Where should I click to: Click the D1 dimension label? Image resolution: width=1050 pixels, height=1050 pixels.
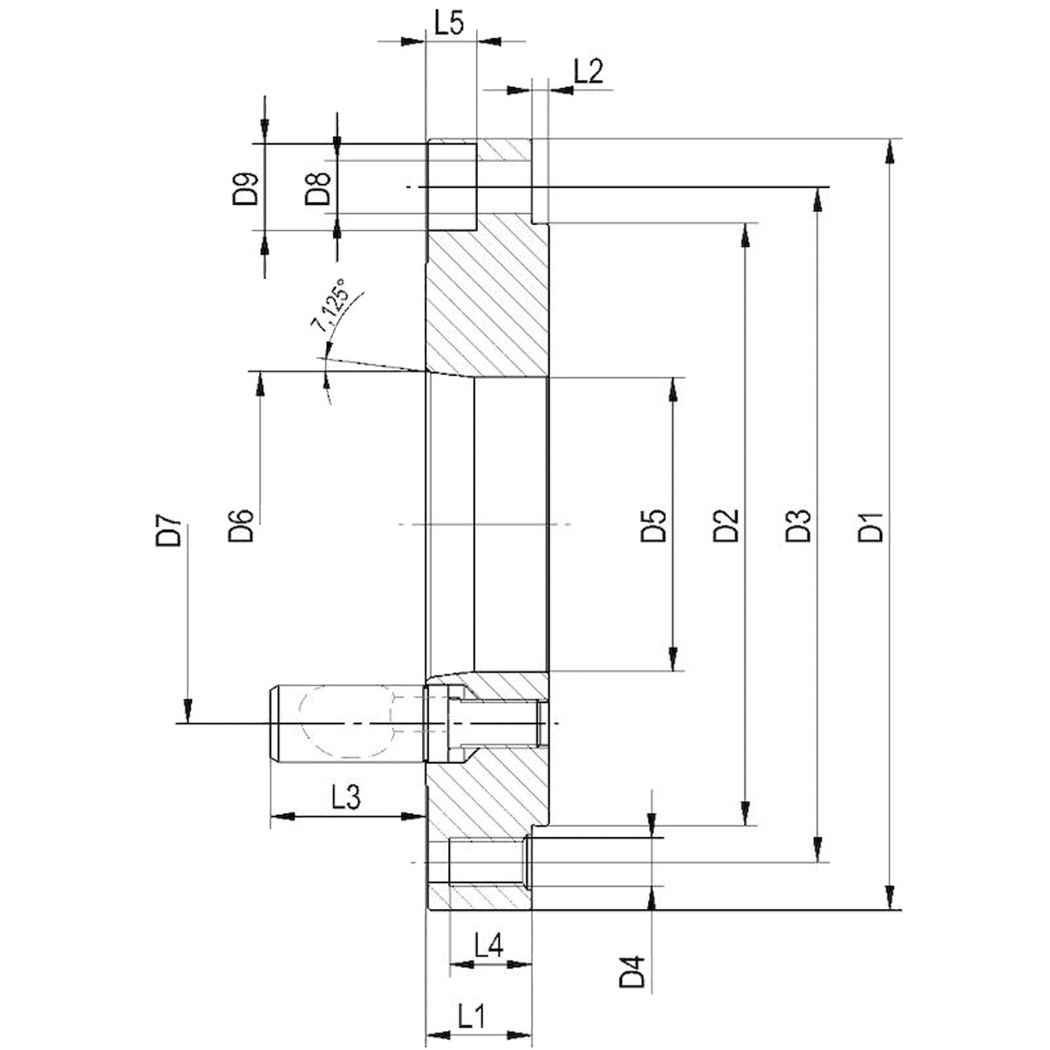click(x=871, y=526)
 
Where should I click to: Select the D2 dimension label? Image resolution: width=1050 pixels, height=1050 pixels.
click(x=726, y=525)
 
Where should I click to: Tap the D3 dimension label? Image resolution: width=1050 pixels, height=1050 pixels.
click(x=798, y=525)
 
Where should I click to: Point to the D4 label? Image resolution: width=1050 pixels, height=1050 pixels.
click(x=633, y=972)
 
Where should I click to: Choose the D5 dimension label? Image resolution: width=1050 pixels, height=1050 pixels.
click(x=654, y=525)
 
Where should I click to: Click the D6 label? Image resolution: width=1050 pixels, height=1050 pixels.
click(x=241, y=525)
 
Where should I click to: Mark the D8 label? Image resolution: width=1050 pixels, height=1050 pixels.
click(x=318, y=188)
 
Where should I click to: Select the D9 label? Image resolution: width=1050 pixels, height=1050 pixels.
click(x=245, y=188)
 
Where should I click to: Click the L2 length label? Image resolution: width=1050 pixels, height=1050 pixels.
click(x=588, y=71)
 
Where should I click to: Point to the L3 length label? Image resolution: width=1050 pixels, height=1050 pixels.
click(x=346, y=797)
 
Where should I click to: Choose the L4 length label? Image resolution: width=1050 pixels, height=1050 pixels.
click(x=488, y=946)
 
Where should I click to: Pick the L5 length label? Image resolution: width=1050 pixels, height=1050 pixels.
click(x=450, y=23)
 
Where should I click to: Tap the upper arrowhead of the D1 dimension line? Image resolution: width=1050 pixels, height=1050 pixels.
click(x=889, y=150)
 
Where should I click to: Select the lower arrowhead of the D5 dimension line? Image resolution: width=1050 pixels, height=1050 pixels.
click(x=673, y=659)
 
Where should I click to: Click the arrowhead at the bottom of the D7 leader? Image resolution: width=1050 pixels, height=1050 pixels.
click(x=188, y=711)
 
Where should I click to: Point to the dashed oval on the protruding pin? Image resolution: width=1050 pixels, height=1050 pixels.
click(x=346, y=722)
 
